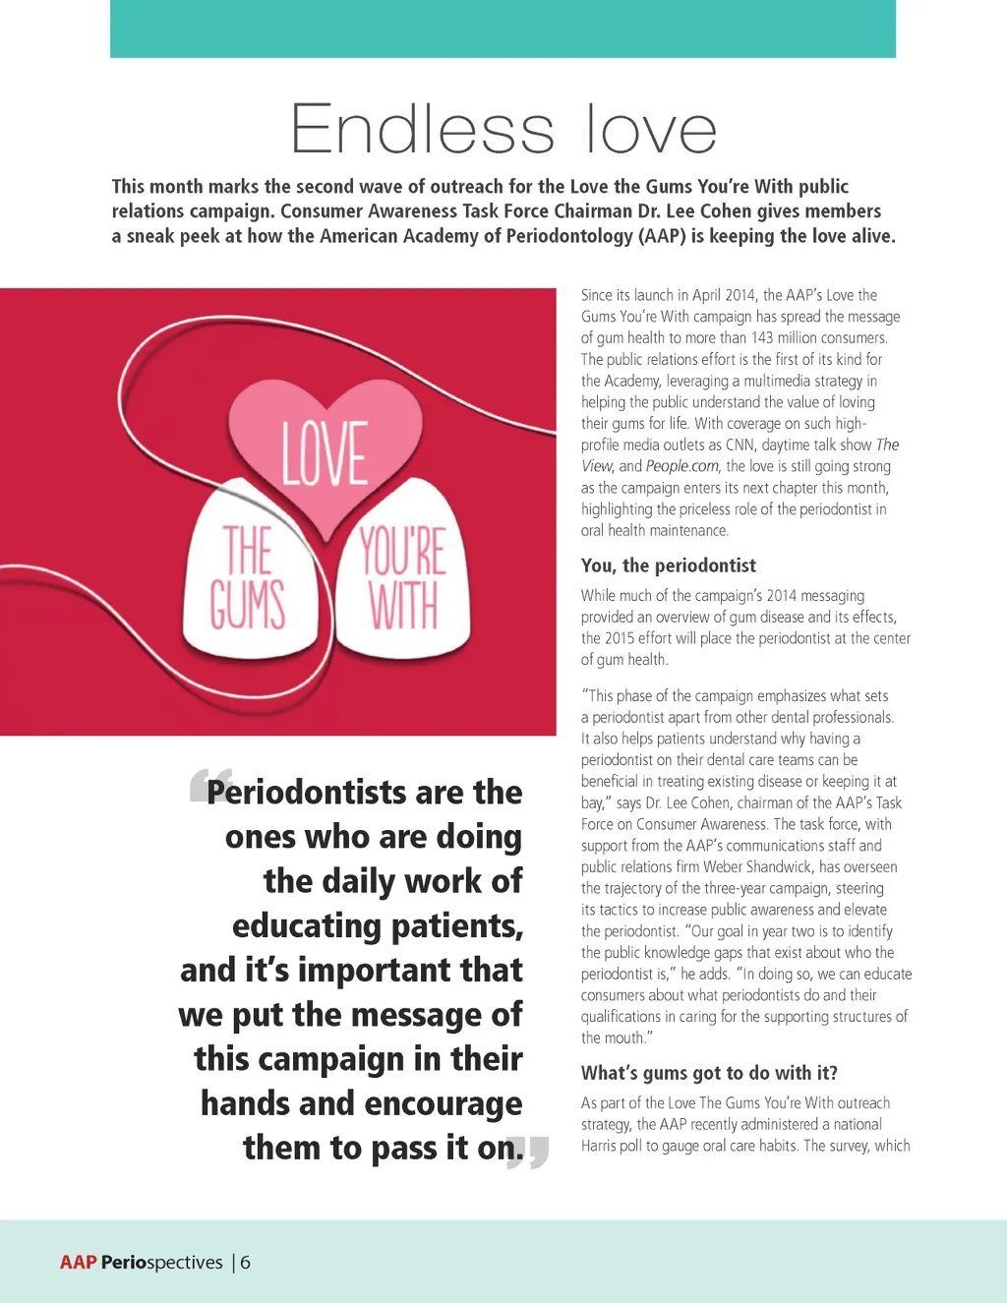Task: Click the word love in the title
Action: click(651, 130)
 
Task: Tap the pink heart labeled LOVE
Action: click(326, 447)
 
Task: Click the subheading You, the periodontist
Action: click(669, 565)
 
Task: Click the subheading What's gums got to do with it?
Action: click(709, 1073)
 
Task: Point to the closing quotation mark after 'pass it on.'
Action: click(529, 1152)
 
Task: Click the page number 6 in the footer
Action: click(245, 1263)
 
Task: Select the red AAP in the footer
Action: click(78, 1263)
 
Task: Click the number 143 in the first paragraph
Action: click(762, 338)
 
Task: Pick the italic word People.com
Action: click(682, 466)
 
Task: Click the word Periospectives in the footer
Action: click(162, 1263)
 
